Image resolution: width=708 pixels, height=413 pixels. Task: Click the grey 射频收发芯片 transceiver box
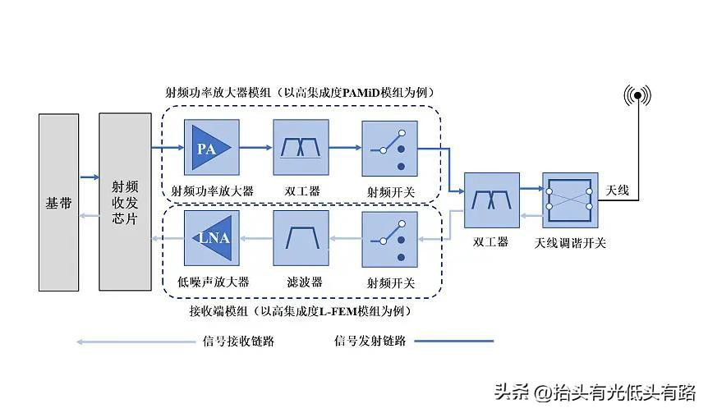click(125, 202)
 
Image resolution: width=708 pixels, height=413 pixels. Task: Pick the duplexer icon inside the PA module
click(301, 149)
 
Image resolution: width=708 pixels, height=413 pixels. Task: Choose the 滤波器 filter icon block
click(301, 238)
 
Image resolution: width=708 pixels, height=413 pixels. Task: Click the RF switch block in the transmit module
click(389, 149)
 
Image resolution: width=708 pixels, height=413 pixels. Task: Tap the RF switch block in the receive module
click(389, 238)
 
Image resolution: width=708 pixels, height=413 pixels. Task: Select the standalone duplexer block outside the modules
click(491, 200)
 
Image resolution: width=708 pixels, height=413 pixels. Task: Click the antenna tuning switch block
click(570, 200)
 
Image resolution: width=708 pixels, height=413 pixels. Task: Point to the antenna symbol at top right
click(637, 96)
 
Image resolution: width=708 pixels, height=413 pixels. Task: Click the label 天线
click(617, 190)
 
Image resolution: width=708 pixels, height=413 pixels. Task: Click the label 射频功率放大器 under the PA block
click(212, 191)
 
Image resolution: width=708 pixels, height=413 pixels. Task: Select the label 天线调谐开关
click(570, 243)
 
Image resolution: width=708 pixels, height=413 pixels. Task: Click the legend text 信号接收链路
click(237, 341)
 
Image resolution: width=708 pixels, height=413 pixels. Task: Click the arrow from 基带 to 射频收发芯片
click(89, 177)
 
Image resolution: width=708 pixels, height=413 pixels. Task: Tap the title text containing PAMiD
click(300, 91)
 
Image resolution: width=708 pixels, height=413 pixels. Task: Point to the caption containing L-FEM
click(300, 311)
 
